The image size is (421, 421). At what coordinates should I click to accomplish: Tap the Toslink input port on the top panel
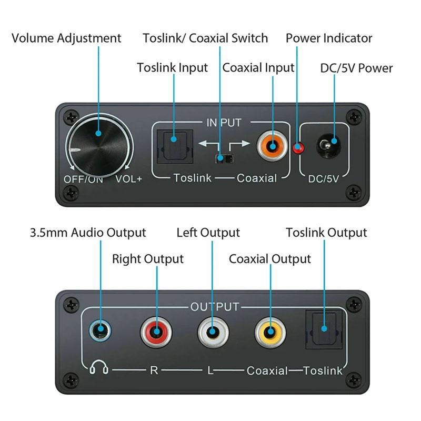pyautogui.click(x=173, y=146)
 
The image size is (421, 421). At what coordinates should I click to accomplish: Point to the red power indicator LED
pyautogui.click(x=299, y=148)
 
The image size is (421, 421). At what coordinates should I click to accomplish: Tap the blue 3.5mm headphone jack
pyautogui.click(x=99, y=331)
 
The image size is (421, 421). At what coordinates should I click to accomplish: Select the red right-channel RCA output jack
pyautogui.click(x=156, y=332)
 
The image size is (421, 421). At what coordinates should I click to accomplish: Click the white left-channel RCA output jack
pyautogui.click(x=213, y=332)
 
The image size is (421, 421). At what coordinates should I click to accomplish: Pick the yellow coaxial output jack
pyautogui.click(x=270, y=332)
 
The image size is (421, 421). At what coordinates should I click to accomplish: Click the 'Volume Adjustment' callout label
pyautogui.click(x=66, y=38)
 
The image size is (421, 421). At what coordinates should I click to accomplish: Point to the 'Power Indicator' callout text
pyautogui.click(x=329, y=38)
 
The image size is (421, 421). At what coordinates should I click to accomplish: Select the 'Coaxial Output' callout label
pyautogui.click(x=270, y=259)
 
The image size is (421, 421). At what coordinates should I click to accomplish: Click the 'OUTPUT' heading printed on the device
pyautogui.click(x=215, y=307)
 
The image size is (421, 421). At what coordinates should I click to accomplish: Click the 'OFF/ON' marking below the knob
pyautogui.click(x=83, y=178)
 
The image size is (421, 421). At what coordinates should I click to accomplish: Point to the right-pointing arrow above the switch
pyautogui.click(x=239, y=143)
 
